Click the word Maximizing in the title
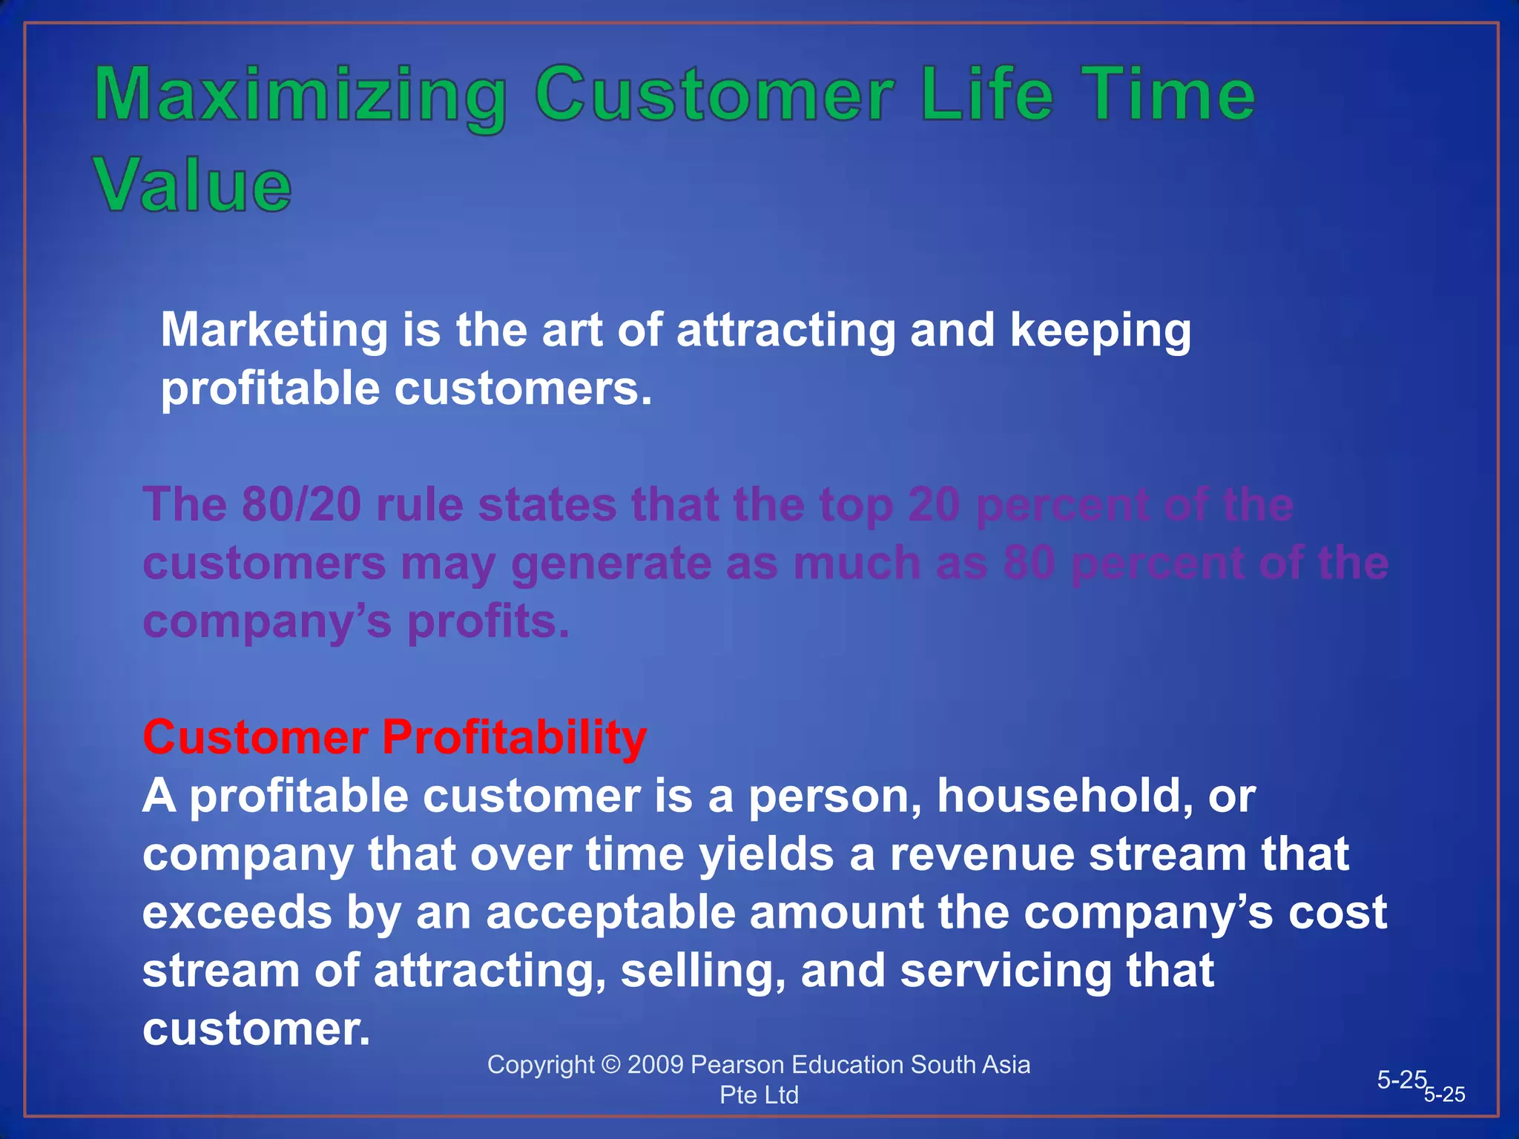300,96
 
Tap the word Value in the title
193,185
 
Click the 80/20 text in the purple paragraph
301,505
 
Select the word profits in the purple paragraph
488,621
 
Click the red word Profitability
514,738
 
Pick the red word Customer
255,738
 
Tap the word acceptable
610,912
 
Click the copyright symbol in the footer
610,1065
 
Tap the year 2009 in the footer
655,1065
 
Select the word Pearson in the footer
737,1065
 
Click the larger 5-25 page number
1401,1080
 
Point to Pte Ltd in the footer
759,1095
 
